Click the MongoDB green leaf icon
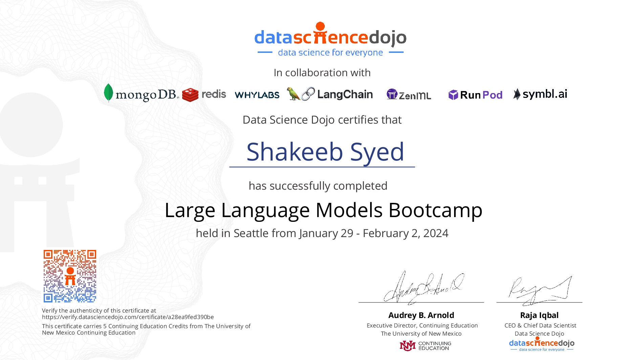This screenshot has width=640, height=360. [108, 92]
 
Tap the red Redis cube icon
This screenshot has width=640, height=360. [190, 95]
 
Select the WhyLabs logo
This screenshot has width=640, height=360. [257, 95]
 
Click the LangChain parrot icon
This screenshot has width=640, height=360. [293, 94]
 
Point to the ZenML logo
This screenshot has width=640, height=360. [409, 94]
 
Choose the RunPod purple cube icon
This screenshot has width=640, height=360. [453, 95]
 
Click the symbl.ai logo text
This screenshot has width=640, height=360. [545, 94]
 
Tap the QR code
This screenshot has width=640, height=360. [70, 276]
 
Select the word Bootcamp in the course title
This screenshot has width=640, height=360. [435, 210]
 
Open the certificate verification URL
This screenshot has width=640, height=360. [128, 317]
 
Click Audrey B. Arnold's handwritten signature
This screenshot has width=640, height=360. [423, 287]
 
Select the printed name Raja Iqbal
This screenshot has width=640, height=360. [539, 315]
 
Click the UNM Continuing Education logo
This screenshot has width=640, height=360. [425, 346]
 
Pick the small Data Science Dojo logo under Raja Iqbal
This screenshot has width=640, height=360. [541, 344]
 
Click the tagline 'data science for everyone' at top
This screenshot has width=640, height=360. [330, 52]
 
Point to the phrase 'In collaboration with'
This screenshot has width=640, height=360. [322, 73]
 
